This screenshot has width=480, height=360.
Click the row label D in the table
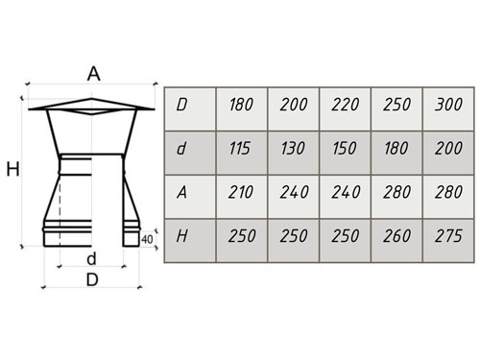click(181, 105)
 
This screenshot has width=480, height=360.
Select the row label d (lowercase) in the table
click(181, 148)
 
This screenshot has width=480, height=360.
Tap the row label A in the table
click(181, 192)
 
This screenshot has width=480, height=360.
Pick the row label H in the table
click(181, 236)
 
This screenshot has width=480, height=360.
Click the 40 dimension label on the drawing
click(147, 239)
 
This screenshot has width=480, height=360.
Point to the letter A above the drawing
click(94, 74)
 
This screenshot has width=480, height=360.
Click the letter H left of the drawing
click(13, 169)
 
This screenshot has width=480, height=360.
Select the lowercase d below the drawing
click(91, 259)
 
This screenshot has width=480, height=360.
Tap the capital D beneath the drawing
click(92, 280)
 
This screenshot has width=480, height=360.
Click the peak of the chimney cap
click(92, 99)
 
